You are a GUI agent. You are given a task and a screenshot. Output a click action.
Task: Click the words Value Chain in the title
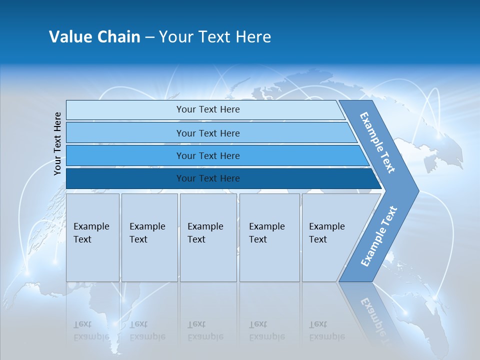94,37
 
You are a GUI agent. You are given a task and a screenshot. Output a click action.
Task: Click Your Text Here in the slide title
214,37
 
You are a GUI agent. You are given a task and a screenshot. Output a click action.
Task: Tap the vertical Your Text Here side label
57,143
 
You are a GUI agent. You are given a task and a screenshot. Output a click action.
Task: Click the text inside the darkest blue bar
208,178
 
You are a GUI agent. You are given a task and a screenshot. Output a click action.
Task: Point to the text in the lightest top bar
208,109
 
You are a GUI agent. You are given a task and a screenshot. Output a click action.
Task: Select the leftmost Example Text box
92,237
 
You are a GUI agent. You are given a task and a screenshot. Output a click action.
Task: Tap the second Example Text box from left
149,237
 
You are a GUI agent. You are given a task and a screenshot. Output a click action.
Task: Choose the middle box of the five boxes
208,237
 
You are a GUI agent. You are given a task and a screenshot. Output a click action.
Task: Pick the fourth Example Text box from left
269,237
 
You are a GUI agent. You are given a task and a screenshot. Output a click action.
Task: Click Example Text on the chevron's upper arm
377,142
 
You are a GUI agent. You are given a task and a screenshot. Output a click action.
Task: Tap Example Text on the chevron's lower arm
379,236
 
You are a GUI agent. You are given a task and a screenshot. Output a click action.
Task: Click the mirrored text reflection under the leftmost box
91,330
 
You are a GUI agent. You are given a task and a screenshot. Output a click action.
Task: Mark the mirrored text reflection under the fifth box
326,330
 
